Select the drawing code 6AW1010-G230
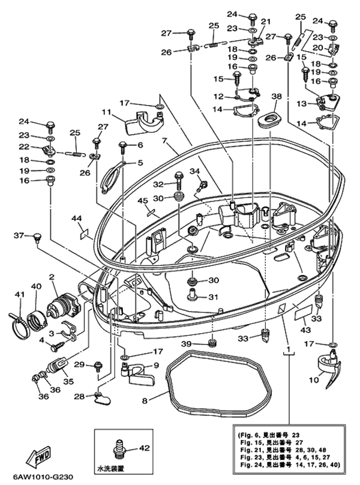[x=40, y=478]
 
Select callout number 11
[x=106, y=112]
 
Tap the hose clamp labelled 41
[x=19, y=315]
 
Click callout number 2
[x=52, y=277]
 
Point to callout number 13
[x=303, y=104]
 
